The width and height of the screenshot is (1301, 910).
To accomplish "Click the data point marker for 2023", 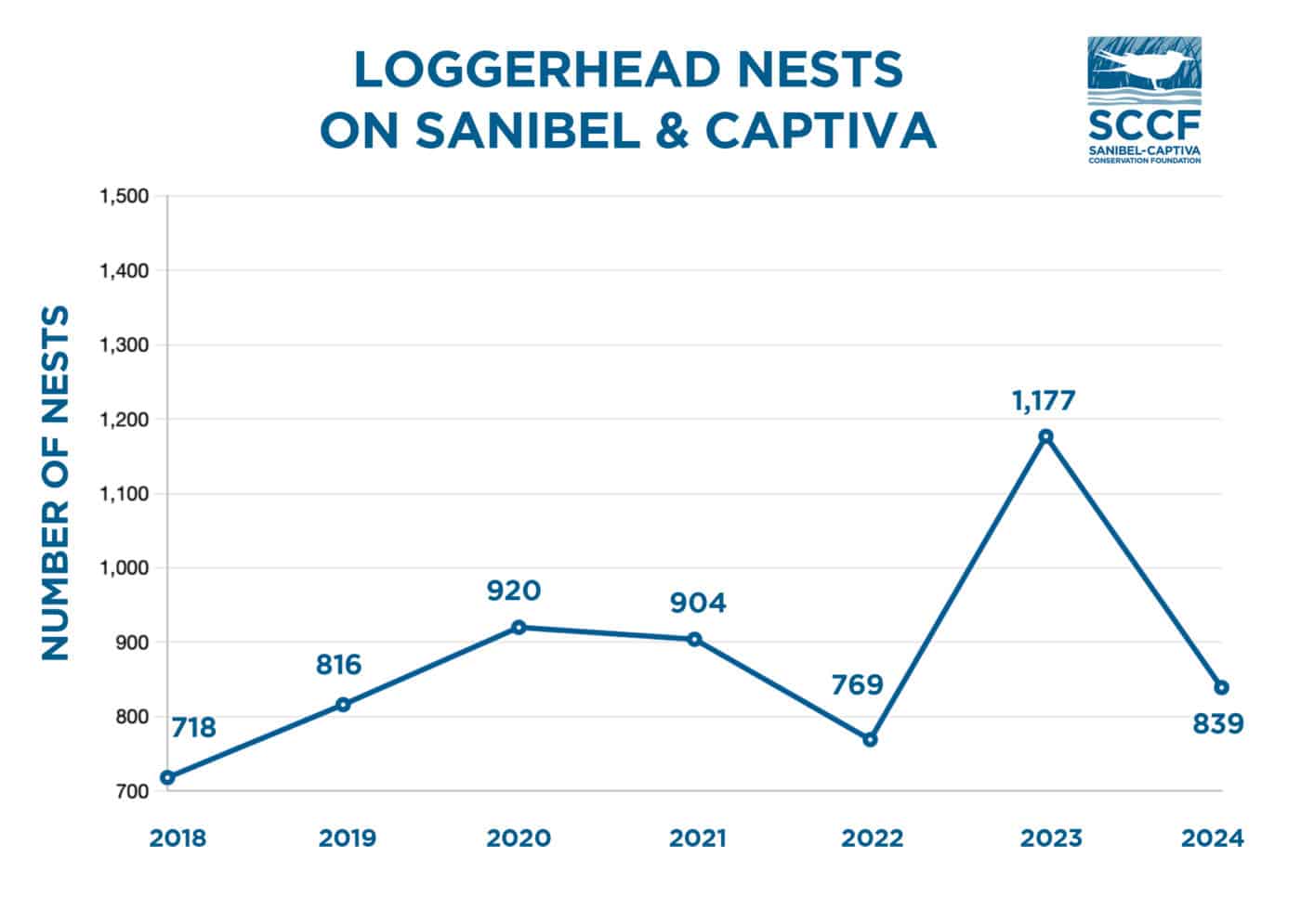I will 1045,435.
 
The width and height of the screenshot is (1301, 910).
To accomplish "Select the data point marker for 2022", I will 870,739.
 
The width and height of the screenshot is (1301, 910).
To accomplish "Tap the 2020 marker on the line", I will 519,627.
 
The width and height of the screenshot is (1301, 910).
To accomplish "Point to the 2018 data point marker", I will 167,777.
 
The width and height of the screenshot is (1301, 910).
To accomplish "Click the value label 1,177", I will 1044,401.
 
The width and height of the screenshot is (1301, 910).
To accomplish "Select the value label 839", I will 1217,723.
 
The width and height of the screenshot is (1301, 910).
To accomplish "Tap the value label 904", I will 698,604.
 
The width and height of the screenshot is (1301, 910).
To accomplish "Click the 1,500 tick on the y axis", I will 124,196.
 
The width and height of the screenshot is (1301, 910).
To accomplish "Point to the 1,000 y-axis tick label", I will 124,567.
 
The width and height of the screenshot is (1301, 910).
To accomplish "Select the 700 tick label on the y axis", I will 133,791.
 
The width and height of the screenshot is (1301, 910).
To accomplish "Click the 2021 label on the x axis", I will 697,838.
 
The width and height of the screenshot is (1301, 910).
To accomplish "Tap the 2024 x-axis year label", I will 1212,838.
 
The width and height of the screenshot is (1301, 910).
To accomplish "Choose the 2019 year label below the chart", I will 347,838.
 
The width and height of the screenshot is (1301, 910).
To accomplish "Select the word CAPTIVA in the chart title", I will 820,131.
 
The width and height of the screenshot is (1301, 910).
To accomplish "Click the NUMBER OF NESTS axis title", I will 57,483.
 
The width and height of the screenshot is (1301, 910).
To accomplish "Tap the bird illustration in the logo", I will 1142,67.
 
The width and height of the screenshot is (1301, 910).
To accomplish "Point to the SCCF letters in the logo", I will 1144,124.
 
